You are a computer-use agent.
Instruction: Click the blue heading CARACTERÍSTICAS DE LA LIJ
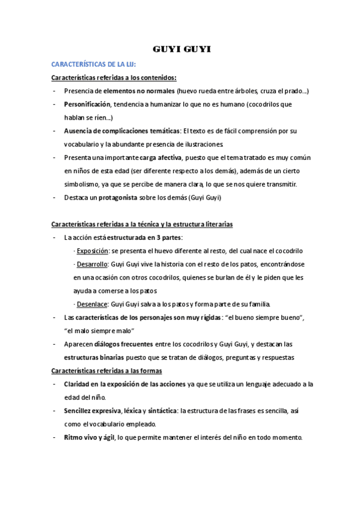coord(93,63)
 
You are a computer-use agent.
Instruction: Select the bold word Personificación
coord(88,104)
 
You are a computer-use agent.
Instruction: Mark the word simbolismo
coord(84,184)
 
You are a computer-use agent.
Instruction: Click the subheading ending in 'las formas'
coord(103,370)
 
